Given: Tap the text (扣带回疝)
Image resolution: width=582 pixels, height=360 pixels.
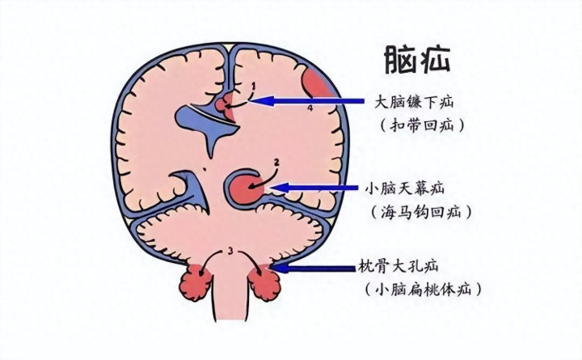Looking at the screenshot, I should pyautogui.click(x=421, y=126).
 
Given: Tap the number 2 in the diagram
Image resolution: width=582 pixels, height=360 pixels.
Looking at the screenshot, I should pyautogui.click(x=276, y=162).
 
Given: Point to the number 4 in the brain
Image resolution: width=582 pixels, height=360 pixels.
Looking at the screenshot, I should pyautogui.click(x=310, y=107).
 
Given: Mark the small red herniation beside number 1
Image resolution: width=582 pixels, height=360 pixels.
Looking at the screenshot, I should pyautogui.click(x=226, y=103).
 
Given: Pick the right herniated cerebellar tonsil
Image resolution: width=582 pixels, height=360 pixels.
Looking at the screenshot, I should pyautogui.click(x=266, y=283).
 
